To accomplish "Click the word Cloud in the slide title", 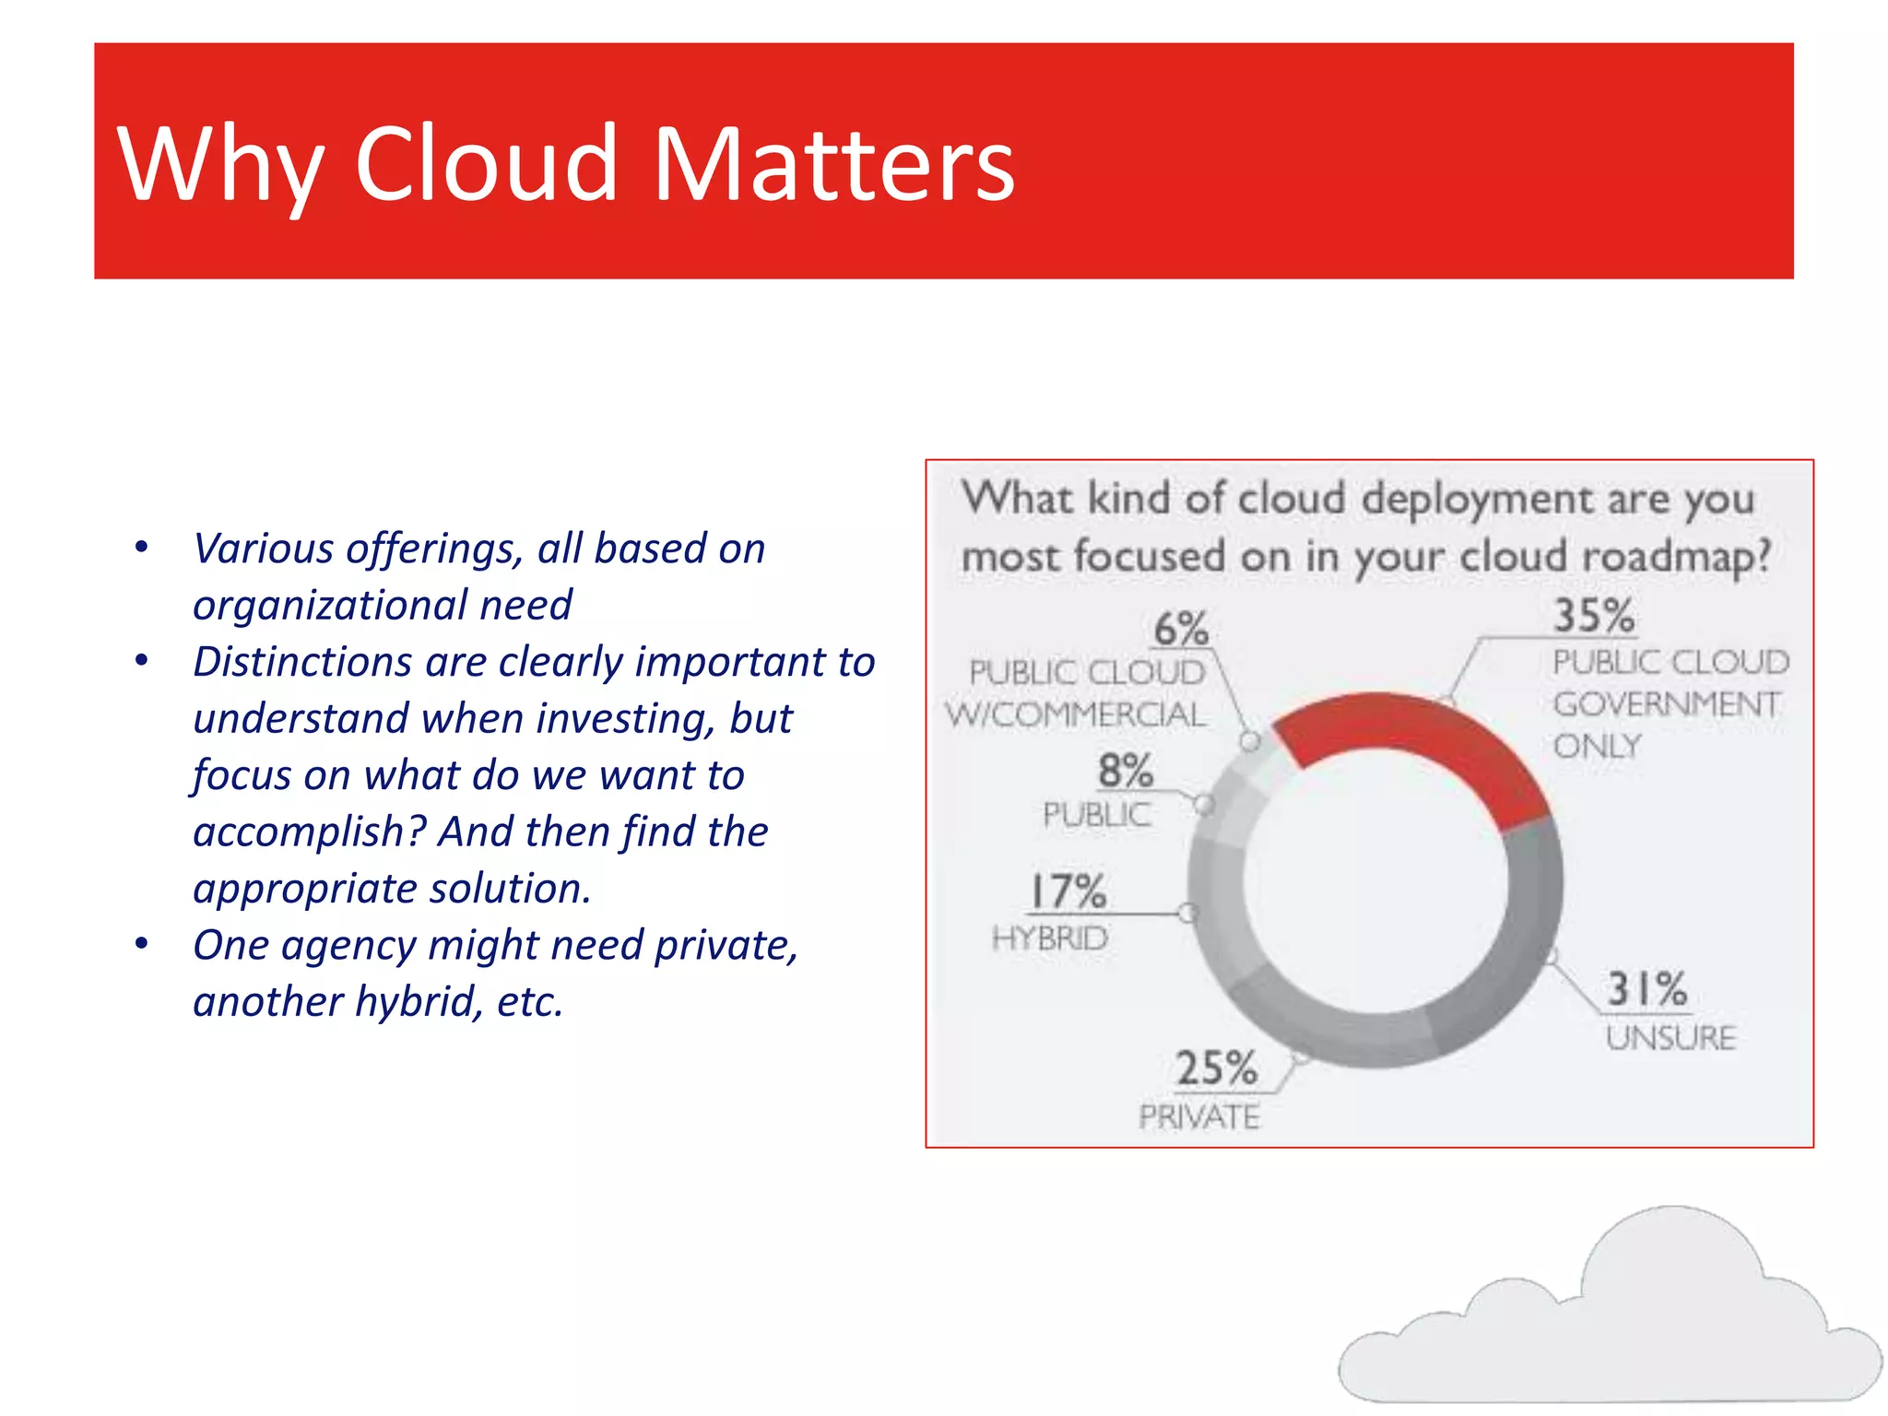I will point(485,163).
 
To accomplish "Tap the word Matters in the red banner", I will point(833,163).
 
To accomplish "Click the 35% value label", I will point(1594,615).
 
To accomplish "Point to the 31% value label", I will point(1646,989).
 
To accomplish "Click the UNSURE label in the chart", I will point(1670,1038).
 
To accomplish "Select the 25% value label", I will point(1216,1068).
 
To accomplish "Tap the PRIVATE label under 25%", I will point(1198,1117).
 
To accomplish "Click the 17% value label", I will point(1068,891).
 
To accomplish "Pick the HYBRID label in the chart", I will point(1050,938).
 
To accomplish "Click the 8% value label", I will point(1125,770).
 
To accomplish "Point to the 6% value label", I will point(1181,629).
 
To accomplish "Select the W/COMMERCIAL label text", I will point(1075,714).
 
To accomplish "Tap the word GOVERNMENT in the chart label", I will point(1667,704).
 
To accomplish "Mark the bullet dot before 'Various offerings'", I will point(141,548).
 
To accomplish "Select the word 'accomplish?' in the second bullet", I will point(309,832).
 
